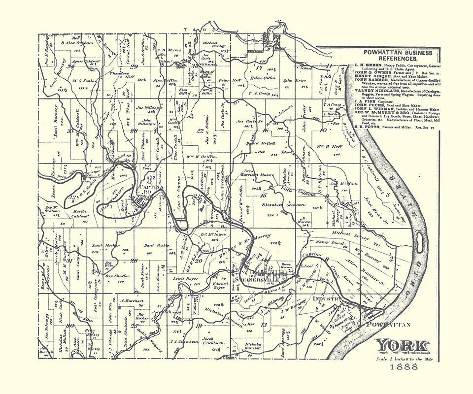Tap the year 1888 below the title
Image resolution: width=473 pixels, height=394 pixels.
[x=403, y=370]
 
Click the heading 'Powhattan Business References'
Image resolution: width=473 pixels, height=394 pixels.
[x=398, y=55]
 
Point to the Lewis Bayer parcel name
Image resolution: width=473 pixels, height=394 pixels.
[x=185, y=278]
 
